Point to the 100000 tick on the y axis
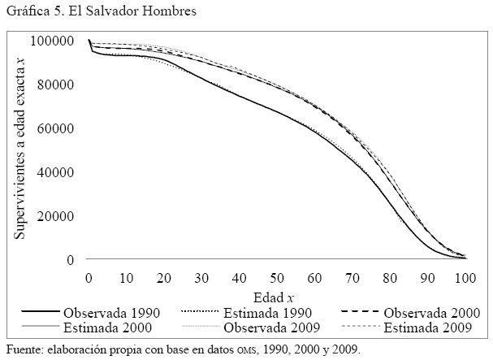click(x=58, y=41)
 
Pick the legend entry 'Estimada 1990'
click(x=268, y=312)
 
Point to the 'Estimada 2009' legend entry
click(x=434, y=329)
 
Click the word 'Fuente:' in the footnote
click(x=23, y=350)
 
